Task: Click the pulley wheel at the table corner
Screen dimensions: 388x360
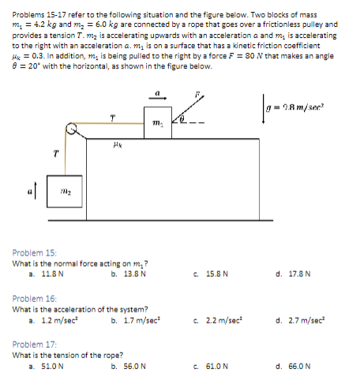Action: [x=72, y=127]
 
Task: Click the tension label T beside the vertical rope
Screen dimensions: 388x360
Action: [x=55, y=154]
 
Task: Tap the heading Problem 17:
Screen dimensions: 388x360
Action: [x=35, y=345]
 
